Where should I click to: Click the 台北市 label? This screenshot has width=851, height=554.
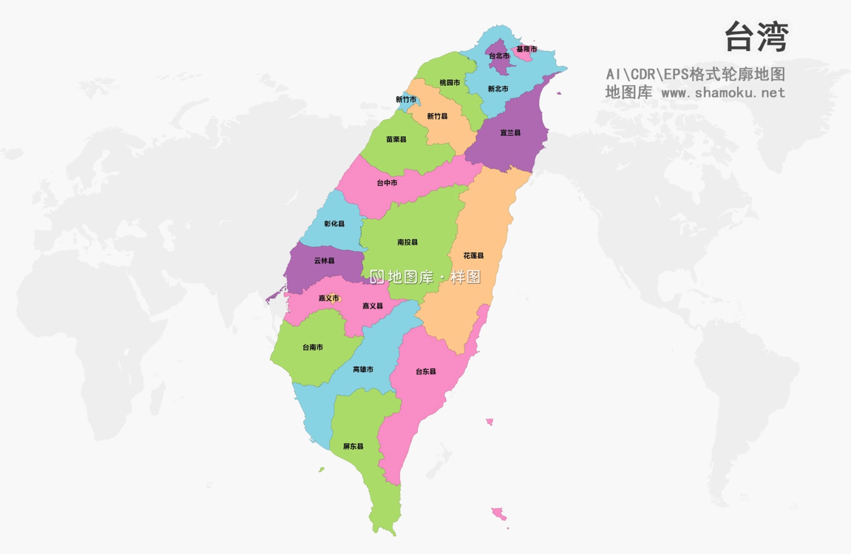[x=499, y=56]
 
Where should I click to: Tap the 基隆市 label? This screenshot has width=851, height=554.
[x=526, y=49]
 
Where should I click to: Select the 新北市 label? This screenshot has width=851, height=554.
[x=498, y=89]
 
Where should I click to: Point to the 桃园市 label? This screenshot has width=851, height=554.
[x=450, y=83]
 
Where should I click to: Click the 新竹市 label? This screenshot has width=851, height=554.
[x=406, y=100]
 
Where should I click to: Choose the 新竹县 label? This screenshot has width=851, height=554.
[x=437, y=116]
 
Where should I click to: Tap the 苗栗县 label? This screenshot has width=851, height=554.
[x=397, y=139]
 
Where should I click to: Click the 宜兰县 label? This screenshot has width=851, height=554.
[x=511, y=133]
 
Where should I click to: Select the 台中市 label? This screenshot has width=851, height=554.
[x=387, y=183]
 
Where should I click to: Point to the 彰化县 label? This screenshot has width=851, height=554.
[x=335, y=224]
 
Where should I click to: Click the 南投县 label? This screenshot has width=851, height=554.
[x=408, y=242]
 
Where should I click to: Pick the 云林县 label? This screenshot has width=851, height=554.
[x=325, y=261]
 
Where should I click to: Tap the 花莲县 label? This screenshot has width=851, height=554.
[x=474, y=256]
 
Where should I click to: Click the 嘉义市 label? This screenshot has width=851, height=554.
[x=329, y=298]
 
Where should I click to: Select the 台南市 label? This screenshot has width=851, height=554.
[x=313, y=347]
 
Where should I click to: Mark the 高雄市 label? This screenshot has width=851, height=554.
[x=363, y=370]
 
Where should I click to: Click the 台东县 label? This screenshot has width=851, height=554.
[x=426, y=372]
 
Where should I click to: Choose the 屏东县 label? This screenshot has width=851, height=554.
[x=353, y=447]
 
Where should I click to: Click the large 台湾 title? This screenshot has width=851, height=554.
[x=757, y=37]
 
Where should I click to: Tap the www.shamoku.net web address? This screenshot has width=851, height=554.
[x=723, y=92]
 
